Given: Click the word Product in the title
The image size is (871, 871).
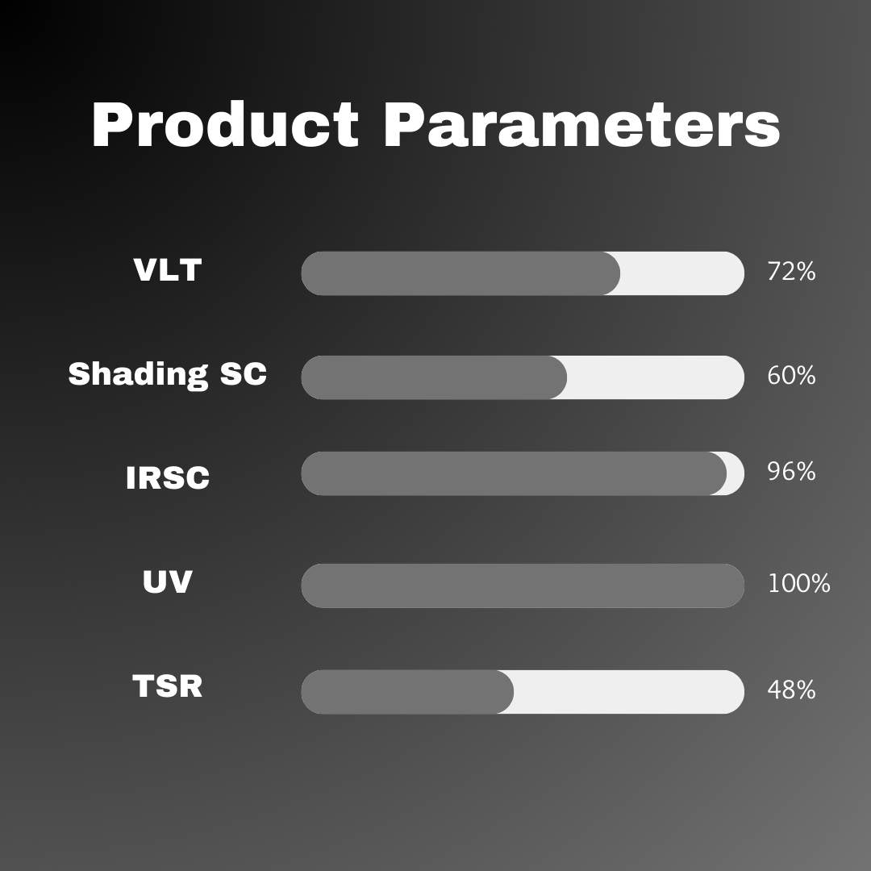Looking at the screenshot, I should tap(225, 127).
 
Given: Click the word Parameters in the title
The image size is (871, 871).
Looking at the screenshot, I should tap(581, 127).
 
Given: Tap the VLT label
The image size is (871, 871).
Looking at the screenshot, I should tap(167, 271).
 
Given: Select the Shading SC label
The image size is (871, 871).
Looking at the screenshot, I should tap(167, 374).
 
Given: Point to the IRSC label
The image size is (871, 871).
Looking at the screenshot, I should tap(168, 478).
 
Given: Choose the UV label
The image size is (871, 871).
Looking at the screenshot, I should tap(167, 582).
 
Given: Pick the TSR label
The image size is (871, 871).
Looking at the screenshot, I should tap(167, 686).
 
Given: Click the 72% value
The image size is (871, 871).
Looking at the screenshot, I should tap(791, 273).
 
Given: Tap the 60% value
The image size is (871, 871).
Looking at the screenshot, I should tap(791, 376).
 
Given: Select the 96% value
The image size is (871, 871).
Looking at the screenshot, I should tap(791, 472).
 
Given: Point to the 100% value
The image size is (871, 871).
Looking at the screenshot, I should tap(798, 584).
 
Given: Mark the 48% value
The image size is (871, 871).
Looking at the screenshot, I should tap(791, 690).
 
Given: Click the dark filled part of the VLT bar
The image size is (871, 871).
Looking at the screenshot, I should tap(460, 273).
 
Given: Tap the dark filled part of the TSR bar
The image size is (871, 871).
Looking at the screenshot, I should tap(407, 692).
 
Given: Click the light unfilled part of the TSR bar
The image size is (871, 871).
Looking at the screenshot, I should tap(629, 692).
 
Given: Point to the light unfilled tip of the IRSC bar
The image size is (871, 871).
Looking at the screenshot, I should tap(736, 473).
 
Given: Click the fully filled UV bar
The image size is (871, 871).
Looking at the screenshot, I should tap(523, 586).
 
